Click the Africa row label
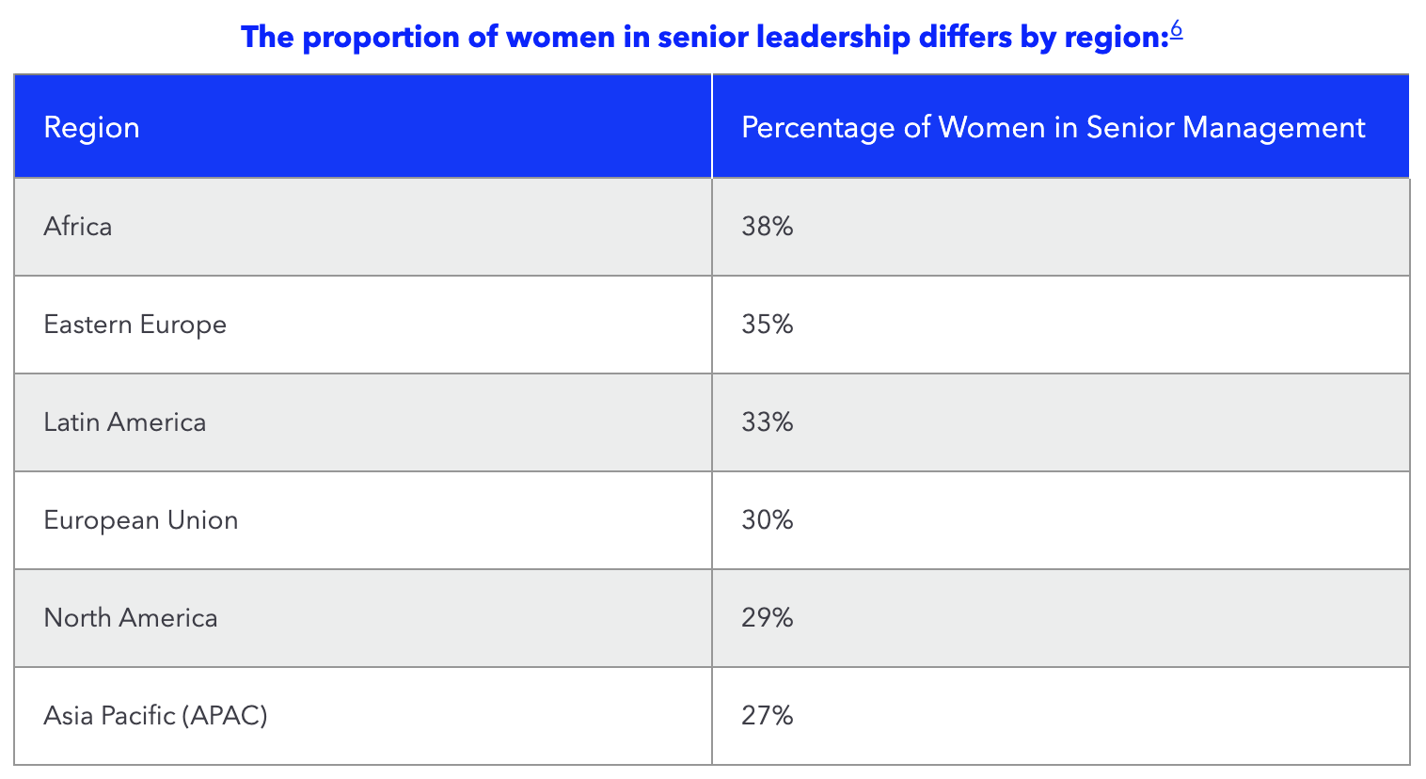pyautogui.click(x=78, y=227)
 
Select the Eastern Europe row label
pyautogui.click(x=135, y=325)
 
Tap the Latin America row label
pyautogui.click(x=124, y=422)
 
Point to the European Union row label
pyautogui.click(x=140, y=520)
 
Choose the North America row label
pyautogui.click(x=130, y=618)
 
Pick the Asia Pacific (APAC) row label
pyautogui.click(x=155, y=716)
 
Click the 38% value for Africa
pyautogui.click(x=767, y=227)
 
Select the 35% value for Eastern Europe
pyautogui.click(x=767, y=325)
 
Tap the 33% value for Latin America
pyautogui.click(x=767, y=422)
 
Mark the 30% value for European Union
pyautogui.click(x=767, y=520)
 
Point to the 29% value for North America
pyautogui.click(x=767, y=618)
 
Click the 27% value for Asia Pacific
pyautogui.click(x=767, y=716)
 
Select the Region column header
pyautogui.click(x=91, y=128)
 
